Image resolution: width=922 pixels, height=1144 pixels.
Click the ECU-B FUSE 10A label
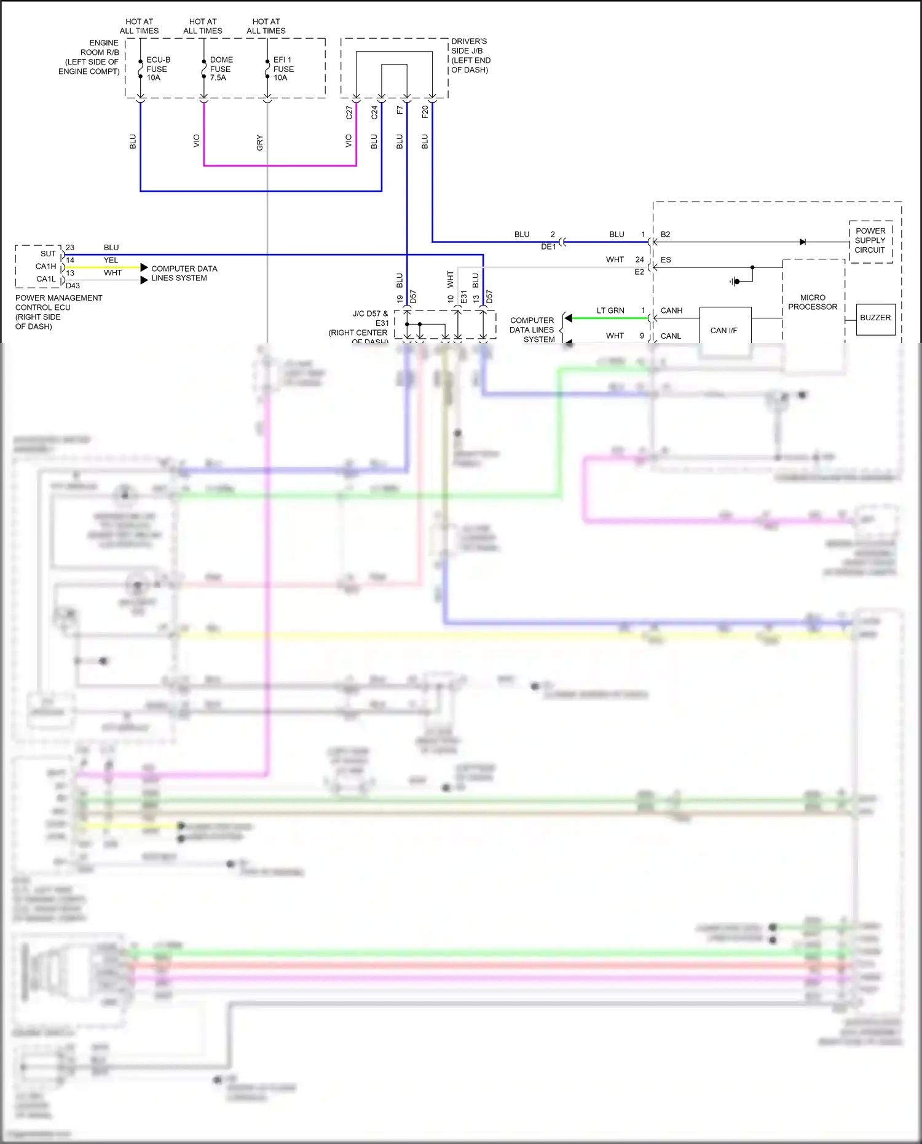157,69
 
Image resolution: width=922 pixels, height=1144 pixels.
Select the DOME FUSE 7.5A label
221,69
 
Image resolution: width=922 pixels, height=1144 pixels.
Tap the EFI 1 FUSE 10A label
283,69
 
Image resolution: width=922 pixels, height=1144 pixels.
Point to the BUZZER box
875,318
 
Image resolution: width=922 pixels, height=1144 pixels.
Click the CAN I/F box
724,330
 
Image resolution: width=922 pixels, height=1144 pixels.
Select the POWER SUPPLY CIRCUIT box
870,240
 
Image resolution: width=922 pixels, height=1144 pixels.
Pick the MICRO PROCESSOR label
813,302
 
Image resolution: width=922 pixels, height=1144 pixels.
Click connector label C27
349,112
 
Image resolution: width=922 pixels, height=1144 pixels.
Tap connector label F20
425,112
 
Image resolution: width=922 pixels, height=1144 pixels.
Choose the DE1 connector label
548,247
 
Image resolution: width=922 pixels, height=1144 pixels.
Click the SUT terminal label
48,254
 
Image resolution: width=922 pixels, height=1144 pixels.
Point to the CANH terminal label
671,310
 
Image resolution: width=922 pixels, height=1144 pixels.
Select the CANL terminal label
671,336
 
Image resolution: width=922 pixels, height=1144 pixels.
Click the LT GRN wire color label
610,310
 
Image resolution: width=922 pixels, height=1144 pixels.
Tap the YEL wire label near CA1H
111,260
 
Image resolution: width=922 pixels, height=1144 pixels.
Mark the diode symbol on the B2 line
803,242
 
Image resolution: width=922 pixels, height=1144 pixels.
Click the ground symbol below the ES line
735,282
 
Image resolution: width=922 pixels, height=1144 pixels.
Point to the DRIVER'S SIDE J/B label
471,55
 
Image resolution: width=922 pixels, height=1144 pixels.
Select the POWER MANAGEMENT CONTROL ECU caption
58,312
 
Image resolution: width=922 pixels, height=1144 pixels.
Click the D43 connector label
73,285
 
